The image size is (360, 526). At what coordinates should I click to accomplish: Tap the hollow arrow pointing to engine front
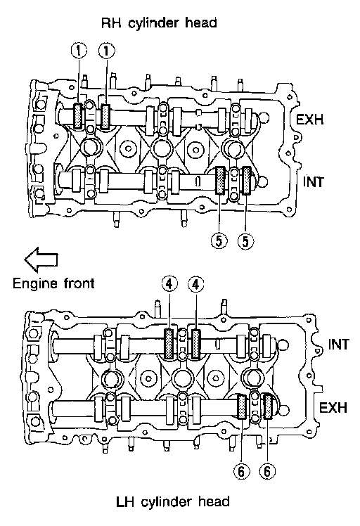click(x=41, y=259)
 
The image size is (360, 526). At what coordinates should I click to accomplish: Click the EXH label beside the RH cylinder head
click(x=309, y=119)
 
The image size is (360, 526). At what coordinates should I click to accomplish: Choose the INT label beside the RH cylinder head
click(x=314, y=182)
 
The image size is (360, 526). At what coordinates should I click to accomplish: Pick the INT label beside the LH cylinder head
click(x=338, y=344)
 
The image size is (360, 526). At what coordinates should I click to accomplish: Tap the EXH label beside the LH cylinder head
click(x=333, y=408)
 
